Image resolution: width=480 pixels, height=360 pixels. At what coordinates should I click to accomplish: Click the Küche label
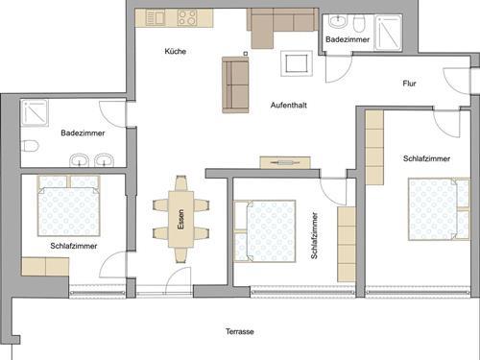(x=176, y=51)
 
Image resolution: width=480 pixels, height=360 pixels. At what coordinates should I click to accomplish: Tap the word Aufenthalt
(x=289, y=105)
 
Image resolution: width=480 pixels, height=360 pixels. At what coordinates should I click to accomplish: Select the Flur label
(x=409, y=84)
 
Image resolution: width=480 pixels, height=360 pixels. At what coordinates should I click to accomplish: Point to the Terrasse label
(x=240, y=331)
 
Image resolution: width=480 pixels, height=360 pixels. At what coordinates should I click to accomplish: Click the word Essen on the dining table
(x=180, y=219)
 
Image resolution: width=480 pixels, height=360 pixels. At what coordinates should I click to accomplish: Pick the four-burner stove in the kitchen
(x=187, y=17)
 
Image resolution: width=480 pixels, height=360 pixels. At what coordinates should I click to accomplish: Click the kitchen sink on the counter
(x=156, y=17)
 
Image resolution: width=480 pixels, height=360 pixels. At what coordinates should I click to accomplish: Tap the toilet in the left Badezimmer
(x=30, y=146)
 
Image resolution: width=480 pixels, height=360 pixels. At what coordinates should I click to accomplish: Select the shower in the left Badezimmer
(x=35, y=112)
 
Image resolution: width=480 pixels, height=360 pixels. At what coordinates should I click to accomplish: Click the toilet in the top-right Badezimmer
(x=359, y=24)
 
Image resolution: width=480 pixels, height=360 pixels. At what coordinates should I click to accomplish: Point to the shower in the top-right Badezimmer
(x=388, y=33)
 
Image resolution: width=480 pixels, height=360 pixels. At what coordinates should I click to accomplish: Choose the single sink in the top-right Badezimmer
(x=338, y=22)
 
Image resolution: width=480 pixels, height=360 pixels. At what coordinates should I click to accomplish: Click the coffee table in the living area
(x=297, y=63)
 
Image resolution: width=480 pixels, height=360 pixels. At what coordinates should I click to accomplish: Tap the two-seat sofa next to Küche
(x=235, y=85)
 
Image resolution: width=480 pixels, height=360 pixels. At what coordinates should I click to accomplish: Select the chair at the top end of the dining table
(x=180, y=183)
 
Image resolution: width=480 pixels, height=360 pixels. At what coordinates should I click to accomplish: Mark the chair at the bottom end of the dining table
(x=180, y=255)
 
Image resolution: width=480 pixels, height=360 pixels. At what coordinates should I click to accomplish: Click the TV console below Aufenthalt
(x=285, y=162)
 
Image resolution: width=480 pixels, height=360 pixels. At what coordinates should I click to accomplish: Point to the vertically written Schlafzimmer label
(x=314, y=235)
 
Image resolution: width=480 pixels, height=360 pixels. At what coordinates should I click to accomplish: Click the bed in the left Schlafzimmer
(x=69, y=205)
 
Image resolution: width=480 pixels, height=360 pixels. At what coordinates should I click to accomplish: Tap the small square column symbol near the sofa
(x=246, y=54)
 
